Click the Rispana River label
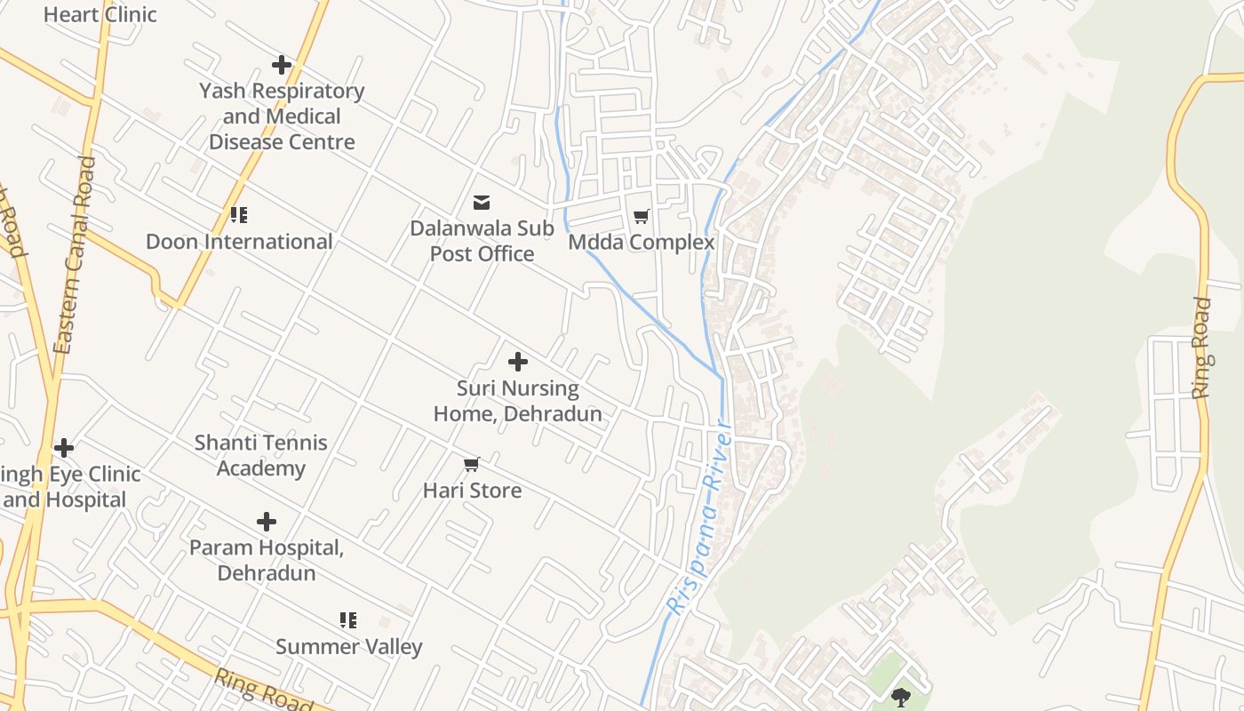(700, 519)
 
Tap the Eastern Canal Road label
(75, 256)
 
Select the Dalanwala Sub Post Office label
(482, 241)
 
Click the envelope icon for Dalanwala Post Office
(482, 203)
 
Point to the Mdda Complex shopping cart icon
(641, 216)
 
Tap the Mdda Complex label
(641, 242)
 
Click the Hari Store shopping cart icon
(472, 464)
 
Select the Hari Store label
(472, 490)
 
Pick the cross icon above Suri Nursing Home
(518, 362)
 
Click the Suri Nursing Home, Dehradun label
(517, 401)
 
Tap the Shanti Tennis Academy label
(261, 455)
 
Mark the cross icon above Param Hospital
(266, 522)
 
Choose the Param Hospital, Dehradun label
(267, 560)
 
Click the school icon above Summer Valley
(348, 619)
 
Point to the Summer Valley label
(348, 646)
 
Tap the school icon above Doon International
(239, 215)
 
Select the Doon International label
(239, 242)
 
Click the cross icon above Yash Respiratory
(282, 65)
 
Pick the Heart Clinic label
(100, 14)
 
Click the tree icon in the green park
(900, 696)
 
